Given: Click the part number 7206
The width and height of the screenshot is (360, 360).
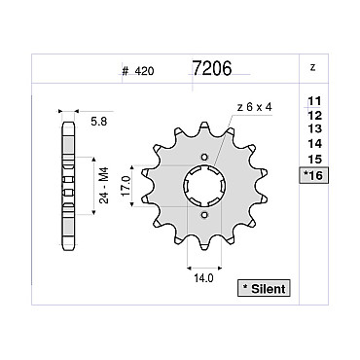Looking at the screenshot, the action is [x=212, y=68].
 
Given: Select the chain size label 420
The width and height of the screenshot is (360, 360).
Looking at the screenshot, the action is [x=144, y=71].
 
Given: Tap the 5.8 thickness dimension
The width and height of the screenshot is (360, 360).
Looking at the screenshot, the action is [x=99, y=122].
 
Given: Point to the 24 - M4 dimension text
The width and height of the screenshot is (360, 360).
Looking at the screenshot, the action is [x=104, y=185].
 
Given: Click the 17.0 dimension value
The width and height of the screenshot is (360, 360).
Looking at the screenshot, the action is [x=126, y=186].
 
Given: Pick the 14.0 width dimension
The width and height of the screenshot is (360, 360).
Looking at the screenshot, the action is [x=204, y=278].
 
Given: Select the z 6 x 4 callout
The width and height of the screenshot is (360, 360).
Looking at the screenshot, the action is [x=255, y=107].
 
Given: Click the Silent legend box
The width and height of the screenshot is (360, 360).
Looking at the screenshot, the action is [x=264, y=288].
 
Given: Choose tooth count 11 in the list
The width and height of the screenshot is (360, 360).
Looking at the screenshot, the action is [x=314, y=101].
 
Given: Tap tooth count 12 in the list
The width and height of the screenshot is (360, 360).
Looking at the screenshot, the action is [x=315, y=115].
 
